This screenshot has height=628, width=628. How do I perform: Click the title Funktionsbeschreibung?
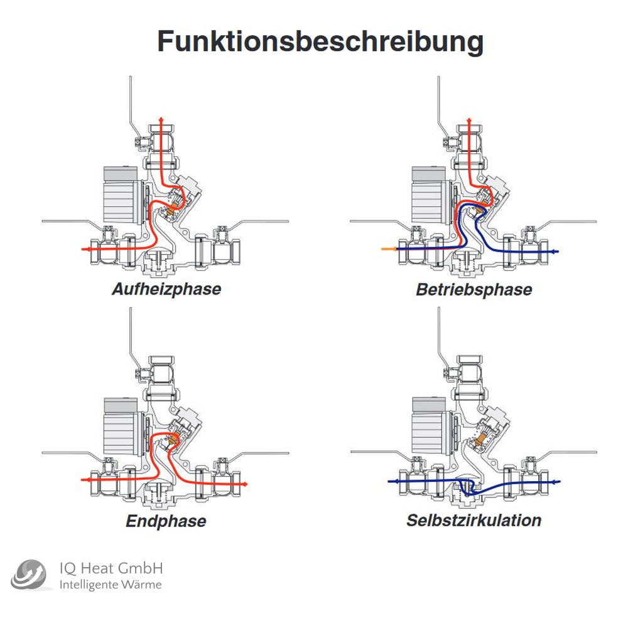pyautogui.click(x=320, y=41)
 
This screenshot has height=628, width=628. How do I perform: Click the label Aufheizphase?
pyautogui.click(x=166, y=290)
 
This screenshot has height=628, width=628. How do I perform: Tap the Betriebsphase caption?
pyautogui.click(x=474, y=290)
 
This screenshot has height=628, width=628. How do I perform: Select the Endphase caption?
pyautogui.click(x=166, y=521)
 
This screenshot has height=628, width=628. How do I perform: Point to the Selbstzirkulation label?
pyautogui.click(x=474, y=521)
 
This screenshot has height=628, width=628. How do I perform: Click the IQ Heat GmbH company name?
pyautogui.click(x=111, y=569)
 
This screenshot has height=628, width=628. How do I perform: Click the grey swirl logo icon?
pyautogui.click(x=30, y=574)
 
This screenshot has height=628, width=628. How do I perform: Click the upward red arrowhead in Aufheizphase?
pyautogui.click(x=161, y=120)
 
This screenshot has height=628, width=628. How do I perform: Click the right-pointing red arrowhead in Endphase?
pyautogui.click(x=246, y=484)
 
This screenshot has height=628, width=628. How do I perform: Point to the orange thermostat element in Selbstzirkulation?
pyautogui.click(x=480, y=440)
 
